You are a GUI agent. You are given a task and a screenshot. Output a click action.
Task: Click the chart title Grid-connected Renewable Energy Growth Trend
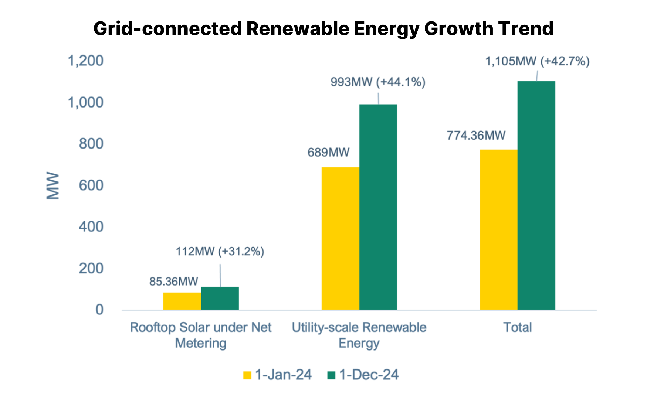[x=323, y=28]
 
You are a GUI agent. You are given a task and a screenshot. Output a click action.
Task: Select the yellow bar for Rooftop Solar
[x=182, y=301]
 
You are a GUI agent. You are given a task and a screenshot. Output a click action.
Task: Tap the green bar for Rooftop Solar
[x=220, y=298]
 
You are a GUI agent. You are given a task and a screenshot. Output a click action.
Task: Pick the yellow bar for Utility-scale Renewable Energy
[x=340, y=238]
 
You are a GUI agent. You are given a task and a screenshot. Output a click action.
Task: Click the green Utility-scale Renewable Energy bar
[x=378, y=207]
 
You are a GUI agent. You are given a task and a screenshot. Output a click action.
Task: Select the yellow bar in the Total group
[x=498, y=229]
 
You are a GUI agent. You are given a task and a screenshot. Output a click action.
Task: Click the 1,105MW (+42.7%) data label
[x=537, y=61]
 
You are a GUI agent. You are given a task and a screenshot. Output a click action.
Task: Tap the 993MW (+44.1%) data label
[x=378, y=82]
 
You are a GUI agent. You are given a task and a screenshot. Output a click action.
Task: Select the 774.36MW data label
[x=476, y=135]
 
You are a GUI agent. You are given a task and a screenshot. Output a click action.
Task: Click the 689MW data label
[x=328, y=152]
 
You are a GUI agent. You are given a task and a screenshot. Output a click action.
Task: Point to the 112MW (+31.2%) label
[x=220, y=252]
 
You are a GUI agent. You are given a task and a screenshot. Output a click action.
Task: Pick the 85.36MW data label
[x=173, y=282]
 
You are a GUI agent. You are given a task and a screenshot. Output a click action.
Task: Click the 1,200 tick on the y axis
[x=85, y=61]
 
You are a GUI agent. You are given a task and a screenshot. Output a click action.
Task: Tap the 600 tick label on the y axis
[x=91, y=185]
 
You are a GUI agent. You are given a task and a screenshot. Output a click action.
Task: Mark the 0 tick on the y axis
[x=99, y=310]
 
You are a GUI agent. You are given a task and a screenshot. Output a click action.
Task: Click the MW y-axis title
[x=52, y=186]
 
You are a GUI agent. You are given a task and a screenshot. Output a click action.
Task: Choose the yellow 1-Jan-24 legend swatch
[x=247, y=375]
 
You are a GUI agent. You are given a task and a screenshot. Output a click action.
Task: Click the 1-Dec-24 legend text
[x=369, y=375]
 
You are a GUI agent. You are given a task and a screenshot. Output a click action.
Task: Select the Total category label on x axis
[x=517, y=327]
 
